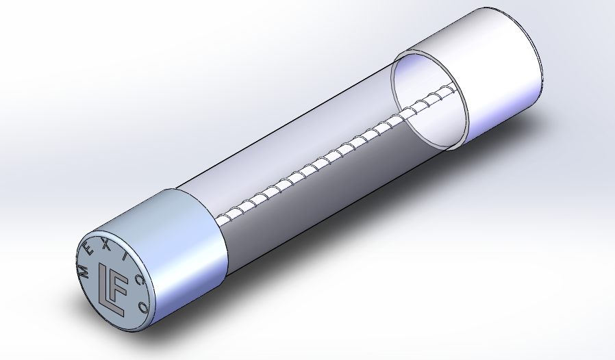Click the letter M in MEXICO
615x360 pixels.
pyautogui.click(x=84, y=270)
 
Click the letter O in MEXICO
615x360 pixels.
pyautogui.click(x=144, y=307)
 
